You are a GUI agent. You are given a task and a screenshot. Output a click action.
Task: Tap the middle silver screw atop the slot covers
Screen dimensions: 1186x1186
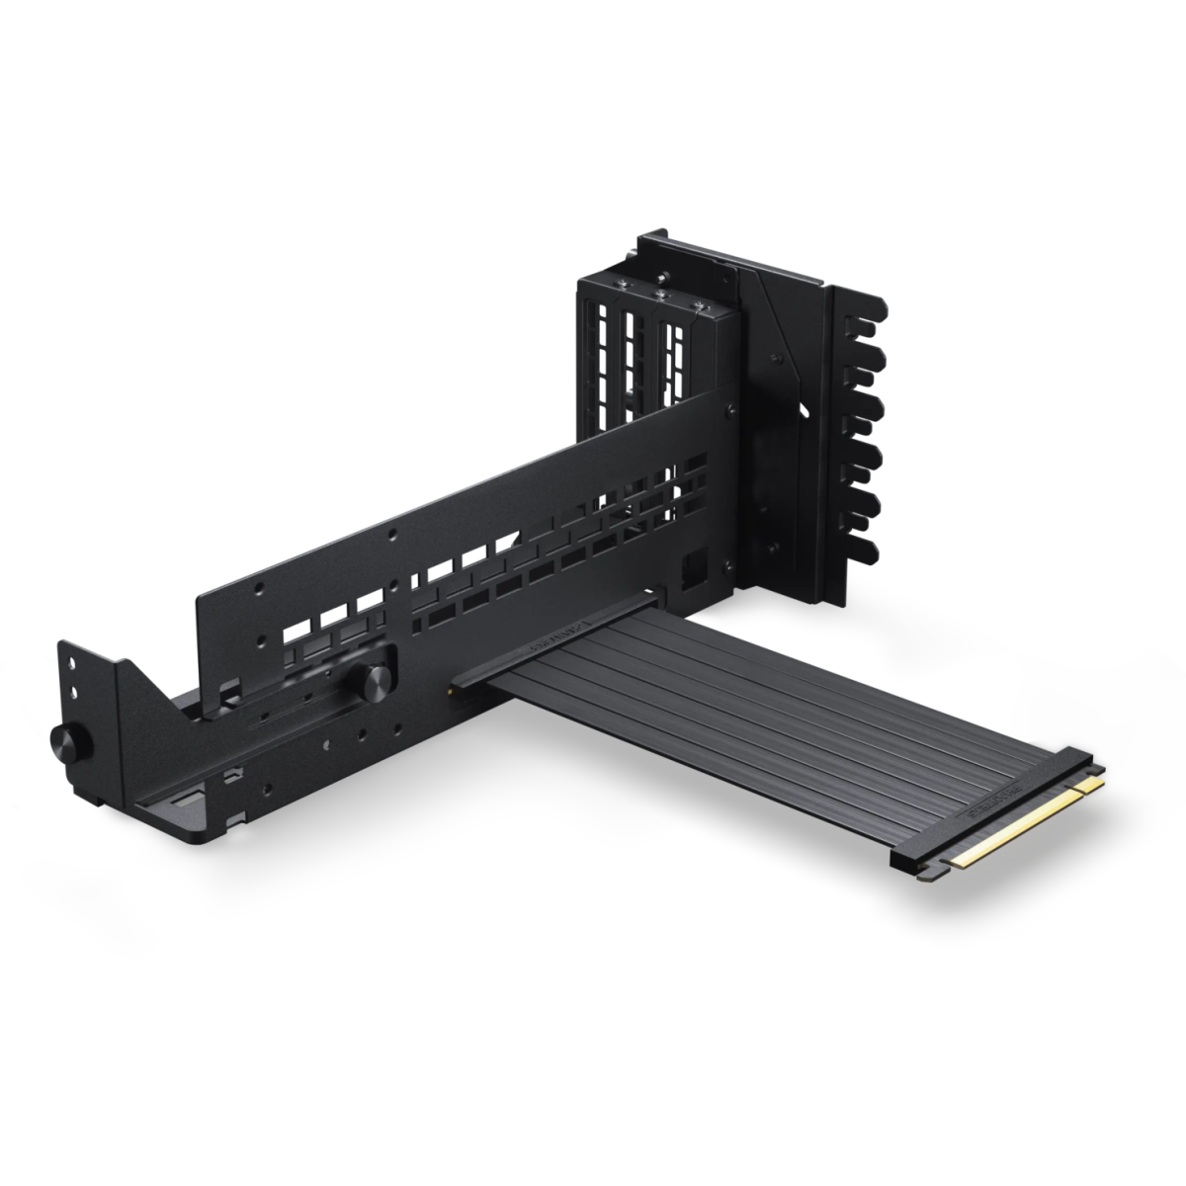[x=657, y=294]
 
